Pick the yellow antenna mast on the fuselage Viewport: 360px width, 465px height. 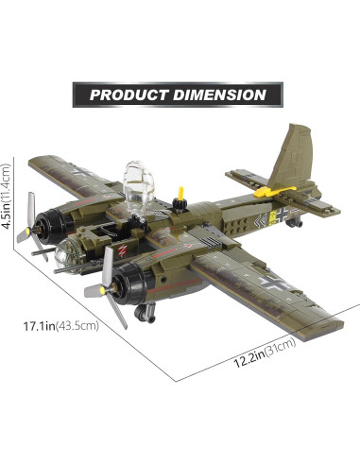tap(180, 198)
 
